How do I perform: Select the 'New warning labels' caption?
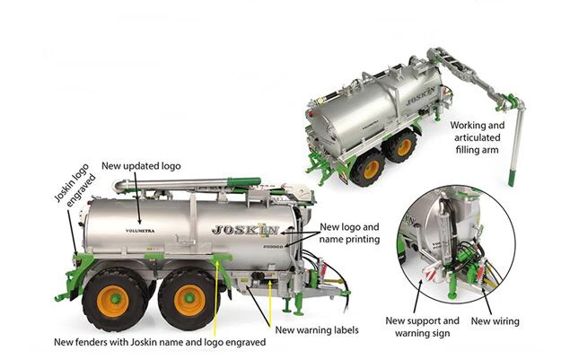coord(316,330)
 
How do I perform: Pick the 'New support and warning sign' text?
coord(422,327)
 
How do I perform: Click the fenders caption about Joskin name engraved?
coord(159,342)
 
